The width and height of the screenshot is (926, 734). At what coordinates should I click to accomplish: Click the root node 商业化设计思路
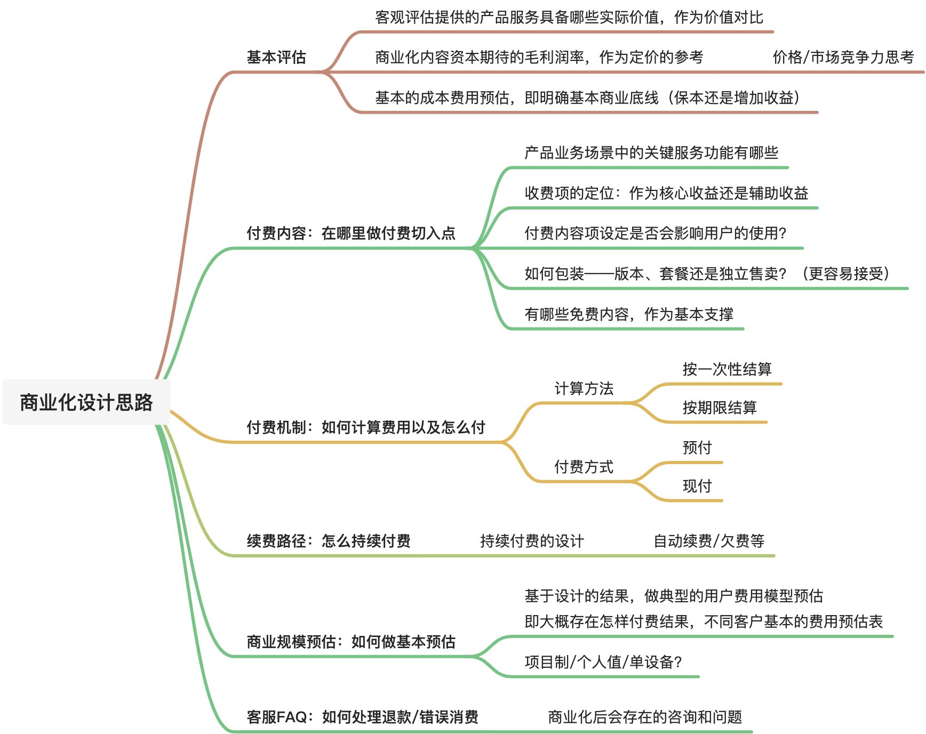(86, 402)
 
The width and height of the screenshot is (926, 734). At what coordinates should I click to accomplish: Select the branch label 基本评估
(276, 57)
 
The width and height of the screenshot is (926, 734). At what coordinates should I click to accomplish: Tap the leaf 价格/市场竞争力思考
(843, 57)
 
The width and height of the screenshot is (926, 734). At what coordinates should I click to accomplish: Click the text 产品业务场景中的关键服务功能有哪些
(651, 153)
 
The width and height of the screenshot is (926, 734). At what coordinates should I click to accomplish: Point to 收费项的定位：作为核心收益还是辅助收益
(666, 193)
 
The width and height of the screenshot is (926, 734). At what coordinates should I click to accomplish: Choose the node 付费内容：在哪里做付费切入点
(351, 233)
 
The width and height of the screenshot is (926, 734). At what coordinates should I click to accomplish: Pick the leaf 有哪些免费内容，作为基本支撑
(629, 314)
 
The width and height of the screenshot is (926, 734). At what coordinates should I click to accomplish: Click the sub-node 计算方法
(584, 388)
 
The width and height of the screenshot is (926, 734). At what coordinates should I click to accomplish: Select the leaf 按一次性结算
(727, 369)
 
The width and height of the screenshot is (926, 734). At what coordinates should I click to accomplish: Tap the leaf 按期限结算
(720, 408)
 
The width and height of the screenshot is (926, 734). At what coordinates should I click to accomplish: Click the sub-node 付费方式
(584, 467)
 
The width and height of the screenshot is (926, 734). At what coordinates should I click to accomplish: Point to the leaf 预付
(697, 448)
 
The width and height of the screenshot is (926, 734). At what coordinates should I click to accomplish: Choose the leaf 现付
(697, 486)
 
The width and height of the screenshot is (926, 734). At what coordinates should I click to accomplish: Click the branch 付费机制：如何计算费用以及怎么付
(366, 427)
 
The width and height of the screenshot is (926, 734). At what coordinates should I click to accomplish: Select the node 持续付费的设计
(532, 541)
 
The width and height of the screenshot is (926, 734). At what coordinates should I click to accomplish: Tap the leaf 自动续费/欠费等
(709, 541)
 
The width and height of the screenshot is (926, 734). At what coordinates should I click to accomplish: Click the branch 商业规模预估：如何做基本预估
(351, 642)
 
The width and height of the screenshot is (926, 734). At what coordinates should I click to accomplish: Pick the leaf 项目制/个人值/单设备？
(603, 662)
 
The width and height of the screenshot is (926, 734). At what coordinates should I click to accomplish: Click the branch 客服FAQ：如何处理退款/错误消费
(362, 717)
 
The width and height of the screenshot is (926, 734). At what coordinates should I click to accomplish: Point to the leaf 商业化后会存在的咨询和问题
(645, 717)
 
